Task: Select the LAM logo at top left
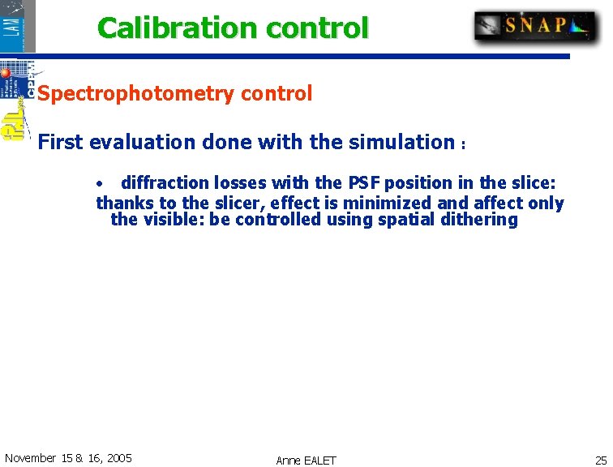click(18, 26)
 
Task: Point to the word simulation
click(401, 143)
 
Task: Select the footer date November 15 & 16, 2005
click(68, 458)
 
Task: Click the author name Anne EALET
click(306, 460)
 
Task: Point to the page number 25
click(600, 459)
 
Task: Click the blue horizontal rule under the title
click(300, 57)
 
